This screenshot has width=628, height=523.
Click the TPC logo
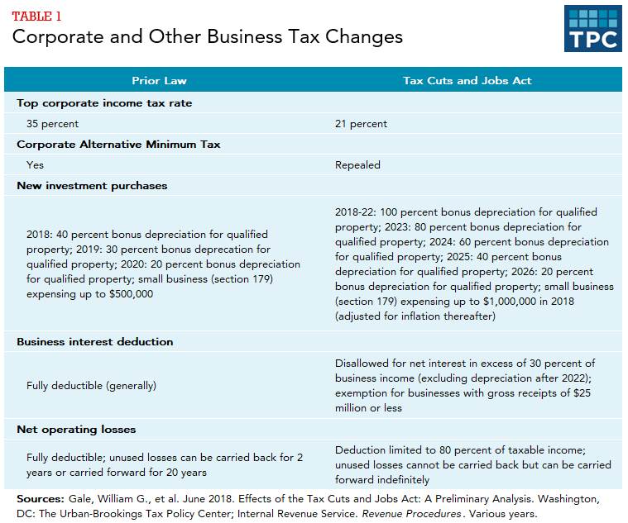click(x=592, y=29)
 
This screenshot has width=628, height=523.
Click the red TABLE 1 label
click(x=37, y=16)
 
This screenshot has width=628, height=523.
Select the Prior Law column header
click(x=160, y=81)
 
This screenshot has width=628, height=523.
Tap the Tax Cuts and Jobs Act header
click(x=467, y=81)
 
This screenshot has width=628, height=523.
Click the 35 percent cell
click(x=53, y=124)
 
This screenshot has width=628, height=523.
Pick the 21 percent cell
click(x=361, y=124)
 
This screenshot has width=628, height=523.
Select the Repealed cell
click(x=357, y=165)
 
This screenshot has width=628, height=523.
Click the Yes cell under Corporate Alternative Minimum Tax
click(x=36, y=165)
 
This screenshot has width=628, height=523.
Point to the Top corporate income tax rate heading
click(x=104, y=103)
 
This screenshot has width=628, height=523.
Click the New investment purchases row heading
click(x=92, y=186)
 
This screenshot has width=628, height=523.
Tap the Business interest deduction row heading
click(x=95, y=341)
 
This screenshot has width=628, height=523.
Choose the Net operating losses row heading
click(x=76, y=430)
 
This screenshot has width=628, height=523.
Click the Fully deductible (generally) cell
click(x=91, y=385)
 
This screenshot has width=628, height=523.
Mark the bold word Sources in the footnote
click(x=40, y=500)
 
